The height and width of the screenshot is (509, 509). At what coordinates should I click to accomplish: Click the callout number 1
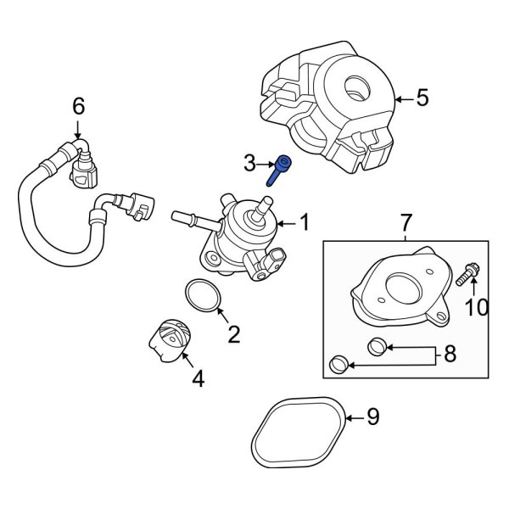(304, 224)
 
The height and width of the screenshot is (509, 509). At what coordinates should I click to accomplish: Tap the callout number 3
(249, 162)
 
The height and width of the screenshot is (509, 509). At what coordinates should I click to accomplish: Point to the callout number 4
(198, 379)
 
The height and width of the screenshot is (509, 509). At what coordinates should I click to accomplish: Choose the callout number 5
(422, 99)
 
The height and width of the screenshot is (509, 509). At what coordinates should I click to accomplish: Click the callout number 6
(78, 106)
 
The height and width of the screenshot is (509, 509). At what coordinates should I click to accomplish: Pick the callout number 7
(406, 223)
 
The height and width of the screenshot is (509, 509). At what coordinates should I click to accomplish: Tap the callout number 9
(372, 417)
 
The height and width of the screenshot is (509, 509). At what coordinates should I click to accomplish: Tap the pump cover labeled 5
(327, 110)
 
